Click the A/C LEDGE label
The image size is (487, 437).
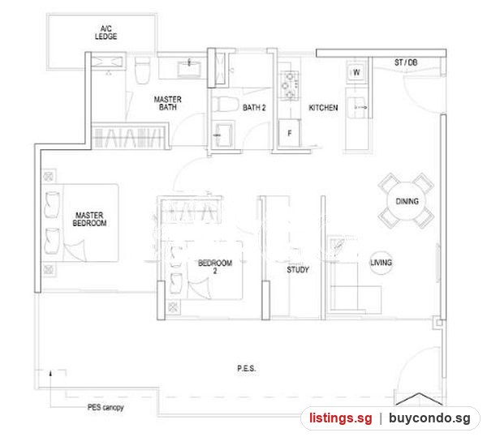[106, 32]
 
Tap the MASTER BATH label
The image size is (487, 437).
[168, 103]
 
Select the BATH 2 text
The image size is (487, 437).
[254, 108]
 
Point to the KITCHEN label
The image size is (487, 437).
[323, 108]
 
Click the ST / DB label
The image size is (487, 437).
[406, 62]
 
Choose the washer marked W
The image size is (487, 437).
[356, 73]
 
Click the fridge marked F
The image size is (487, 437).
[289, 133]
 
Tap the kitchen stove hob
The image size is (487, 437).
[290, 85]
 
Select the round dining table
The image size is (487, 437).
[407, 201]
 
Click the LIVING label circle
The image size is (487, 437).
[381, 263]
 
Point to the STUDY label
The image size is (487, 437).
[298, 269]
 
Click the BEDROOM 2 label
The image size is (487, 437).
[215, 267]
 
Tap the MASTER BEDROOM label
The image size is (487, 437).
[89, 219]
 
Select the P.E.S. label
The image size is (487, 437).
[247, 368]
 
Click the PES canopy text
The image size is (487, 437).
[106, 407]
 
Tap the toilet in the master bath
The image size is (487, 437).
[143, 71]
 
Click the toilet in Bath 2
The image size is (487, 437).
[225, 104]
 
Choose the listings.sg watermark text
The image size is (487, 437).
[340, 418]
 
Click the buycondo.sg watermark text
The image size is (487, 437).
[429, 418]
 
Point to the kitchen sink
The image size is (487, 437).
[357, 107]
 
